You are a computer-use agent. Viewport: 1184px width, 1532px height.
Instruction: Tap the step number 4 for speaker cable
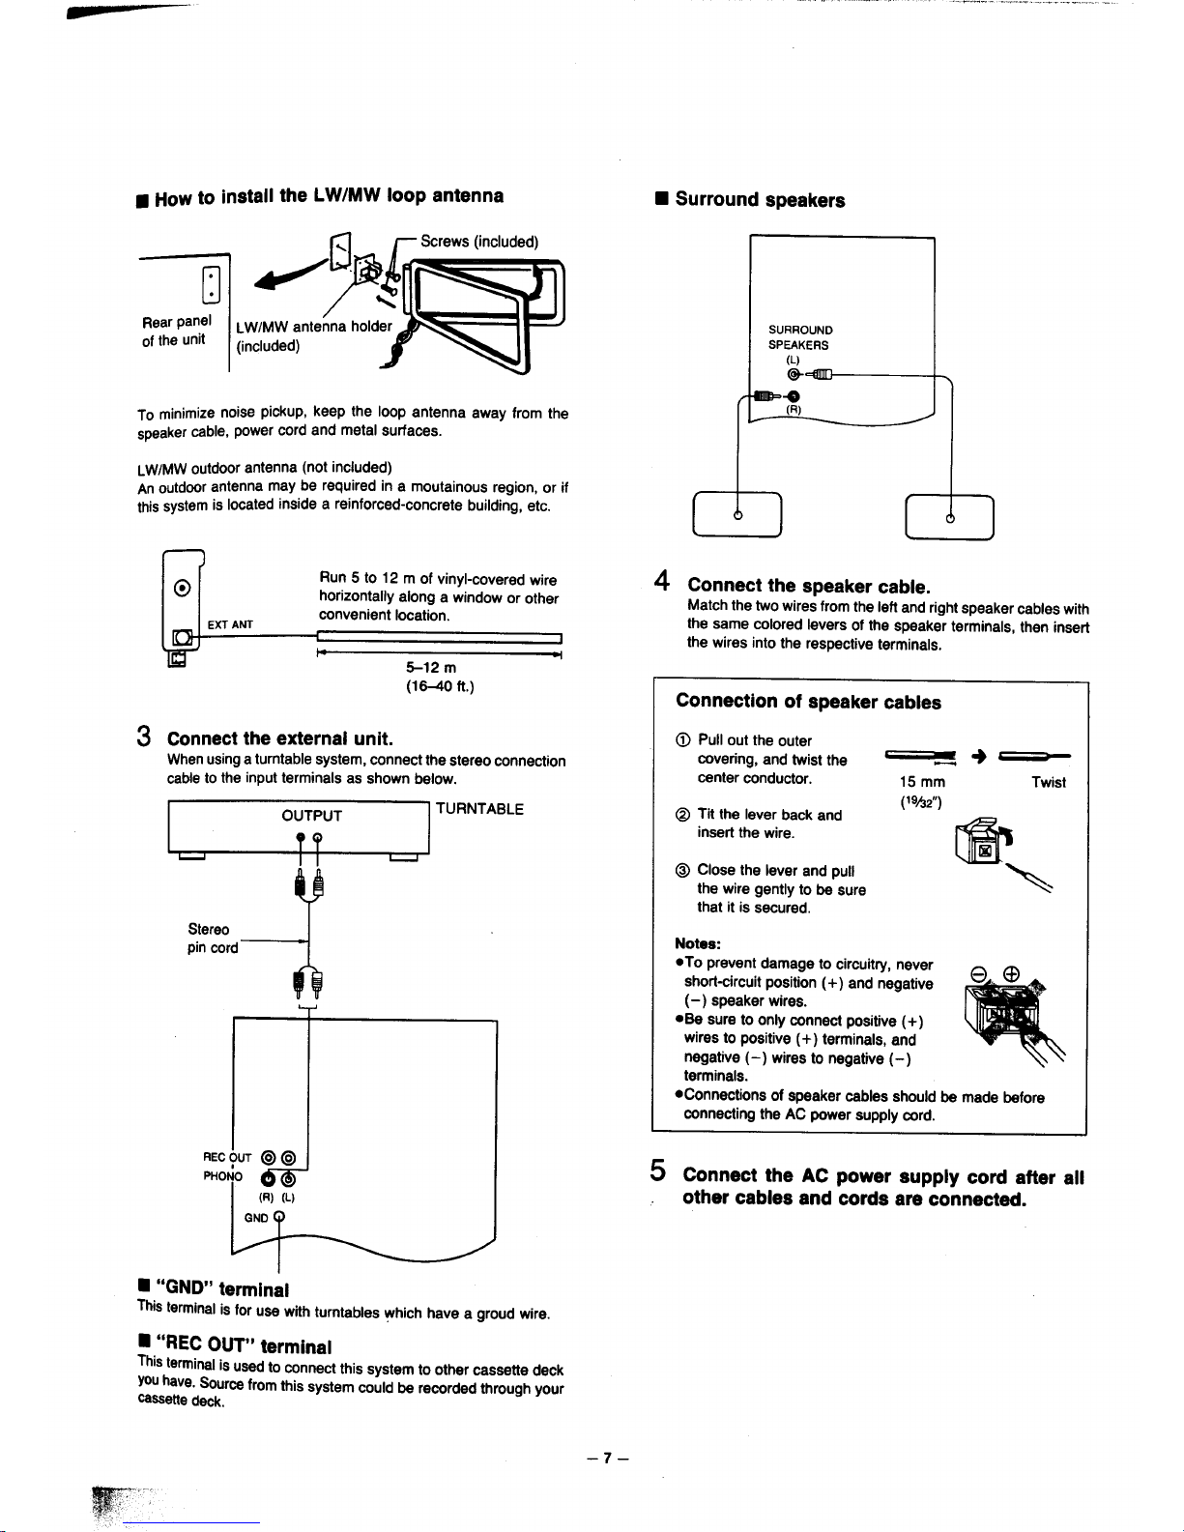click(662, 582)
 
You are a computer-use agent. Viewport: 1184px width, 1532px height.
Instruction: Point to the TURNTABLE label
click(479, 809)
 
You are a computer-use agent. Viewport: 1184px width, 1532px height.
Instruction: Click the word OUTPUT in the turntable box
click(311, 815)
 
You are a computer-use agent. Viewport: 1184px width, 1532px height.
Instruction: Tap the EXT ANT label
click(230, 624)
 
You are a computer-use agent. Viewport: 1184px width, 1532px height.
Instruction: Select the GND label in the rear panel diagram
click(256, 1218)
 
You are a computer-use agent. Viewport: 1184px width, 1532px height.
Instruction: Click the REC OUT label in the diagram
click(227, 1157)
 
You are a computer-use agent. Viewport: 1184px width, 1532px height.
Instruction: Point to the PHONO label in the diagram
click(224, 1176)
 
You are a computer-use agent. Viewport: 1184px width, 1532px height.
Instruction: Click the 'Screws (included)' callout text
click(479, 242)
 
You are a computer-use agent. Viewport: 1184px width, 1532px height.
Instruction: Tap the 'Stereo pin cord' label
click(213, 939)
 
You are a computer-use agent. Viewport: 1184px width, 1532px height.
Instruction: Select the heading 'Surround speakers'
click(760, 200)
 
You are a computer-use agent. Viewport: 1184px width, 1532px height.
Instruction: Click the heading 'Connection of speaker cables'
click(808, 702)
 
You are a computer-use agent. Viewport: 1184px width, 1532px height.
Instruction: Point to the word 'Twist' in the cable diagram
click(1048, 782)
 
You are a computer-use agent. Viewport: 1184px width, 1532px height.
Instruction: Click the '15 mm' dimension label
click(922, 782)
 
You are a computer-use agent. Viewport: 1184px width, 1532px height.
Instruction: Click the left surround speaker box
click(737, 514)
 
